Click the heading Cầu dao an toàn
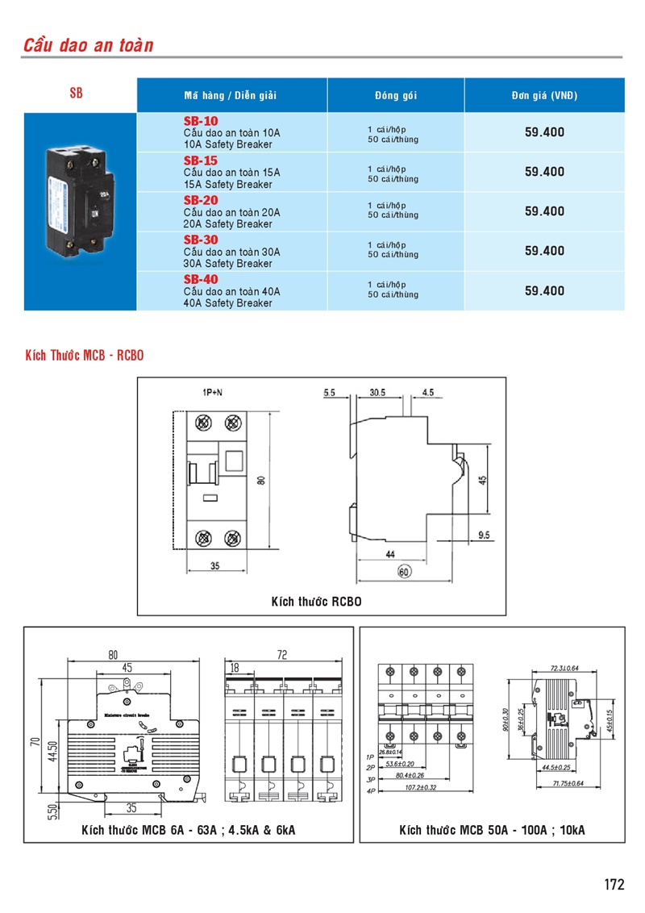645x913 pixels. point(88,44)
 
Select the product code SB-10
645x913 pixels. point(201,121)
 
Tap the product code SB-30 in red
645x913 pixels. point(201,240)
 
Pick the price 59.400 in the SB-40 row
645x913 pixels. point(544,290)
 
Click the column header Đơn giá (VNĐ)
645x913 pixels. point(544,95)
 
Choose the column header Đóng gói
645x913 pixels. point(395,95)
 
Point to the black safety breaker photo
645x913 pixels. point(80,198)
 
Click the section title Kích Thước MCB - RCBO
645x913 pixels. point(85,356)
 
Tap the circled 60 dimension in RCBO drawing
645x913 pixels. point(405,572)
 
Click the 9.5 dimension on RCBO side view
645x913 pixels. point(485,535)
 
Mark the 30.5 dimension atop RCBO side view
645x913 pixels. point(377,393)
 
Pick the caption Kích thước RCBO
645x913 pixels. point(317,602)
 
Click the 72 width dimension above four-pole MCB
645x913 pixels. point(282,656)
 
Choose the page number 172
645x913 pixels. point(614,884)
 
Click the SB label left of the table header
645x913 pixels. point(76,94)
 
